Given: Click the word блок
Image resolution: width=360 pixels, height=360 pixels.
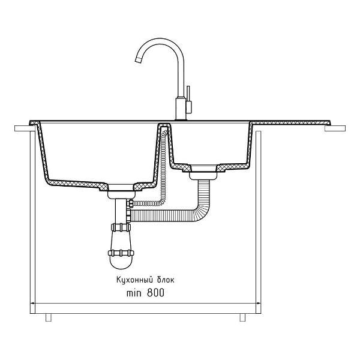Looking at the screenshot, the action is pyautogui.click(x=166, y=280).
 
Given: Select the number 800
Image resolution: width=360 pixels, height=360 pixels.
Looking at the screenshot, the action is pyautogui.click(x=155, y=293).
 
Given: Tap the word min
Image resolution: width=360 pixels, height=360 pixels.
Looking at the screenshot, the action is pyautogui.click(x=134, y=293).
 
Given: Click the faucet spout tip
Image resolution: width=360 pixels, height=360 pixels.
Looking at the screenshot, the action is pyautogui.click(x=138, y=59).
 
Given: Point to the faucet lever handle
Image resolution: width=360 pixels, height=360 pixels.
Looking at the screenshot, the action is pyautogui.click(x=188, y=100).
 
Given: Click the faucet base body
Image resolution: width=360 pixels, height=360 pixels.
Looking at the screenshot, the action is pyautogui.click(x=181, y=109).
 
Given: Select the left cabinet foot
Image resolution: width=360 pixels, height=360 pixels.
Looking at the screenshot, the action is pyautogui.click(x=49, y=317).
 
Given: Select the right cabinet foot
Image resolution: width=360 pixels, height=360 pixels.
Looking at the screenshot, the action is pyautogui.click(x=242, y=317).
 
